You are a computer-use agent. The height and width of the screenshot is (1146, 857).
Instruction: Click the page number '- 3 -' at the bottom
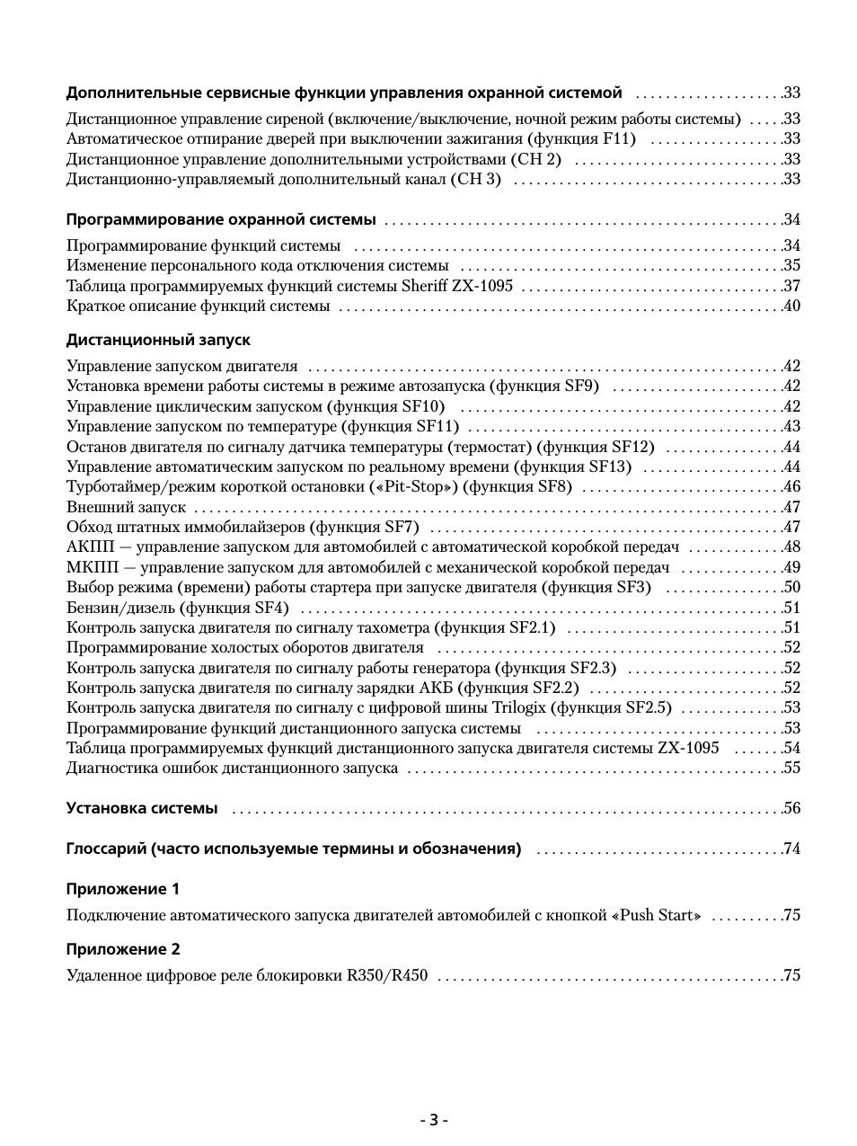pyautogui.click(x=434, y=1120)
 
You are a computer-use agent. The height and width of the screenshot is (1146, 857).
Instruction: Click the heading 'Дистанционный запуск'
pyautogui.click(x=158, y=341)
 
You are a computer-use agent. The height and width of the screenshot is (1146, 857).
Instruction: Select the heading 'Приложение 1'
pyautogui.click(x=123, y=890)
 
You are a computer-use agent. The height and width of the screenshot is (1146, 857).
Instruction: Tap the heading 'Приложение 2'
pyautogui.click(x=123, y=950)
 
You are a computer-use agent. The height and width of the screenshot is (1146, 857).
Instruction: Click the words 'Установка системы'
pyautogui.click(x=142, y=808)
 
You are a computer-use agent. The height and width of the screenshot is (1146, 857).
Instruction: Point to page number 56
pyautogui.click(x=791, y=808)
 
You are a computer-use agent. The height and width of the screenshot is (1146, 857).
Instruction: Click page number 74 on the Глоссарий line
pyautogui.click(x=791, y=848)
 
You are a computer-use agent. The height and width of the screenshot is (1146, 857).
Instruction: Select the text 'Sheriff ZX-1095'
pyautogui.click(x=456, y=287)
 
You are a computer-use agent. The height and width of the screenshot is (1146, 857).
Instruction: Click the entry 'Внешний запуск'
pyautogui.click(x=126, y=508)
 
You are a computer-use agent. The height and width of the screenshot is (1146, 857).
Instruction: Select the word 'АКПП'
pyautogui.click(x=86, y=547)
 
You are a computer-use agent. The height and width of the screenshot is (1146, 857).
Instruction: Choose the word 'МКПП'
pyautogui.click(x=87, y=568)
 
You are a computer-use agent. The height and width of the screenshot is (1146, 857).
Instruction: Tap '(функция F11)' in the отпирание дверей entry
pyautogui.click(x=582, y=139)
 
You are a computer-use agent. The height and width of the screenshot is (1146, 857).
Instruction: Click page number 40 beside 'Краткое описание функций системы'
pyautogui.click(x=791, y=306)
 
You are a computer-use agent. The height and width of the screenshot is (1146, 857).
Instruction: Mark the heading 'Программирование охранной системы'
pyautogui.click(x=221, y=220)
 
